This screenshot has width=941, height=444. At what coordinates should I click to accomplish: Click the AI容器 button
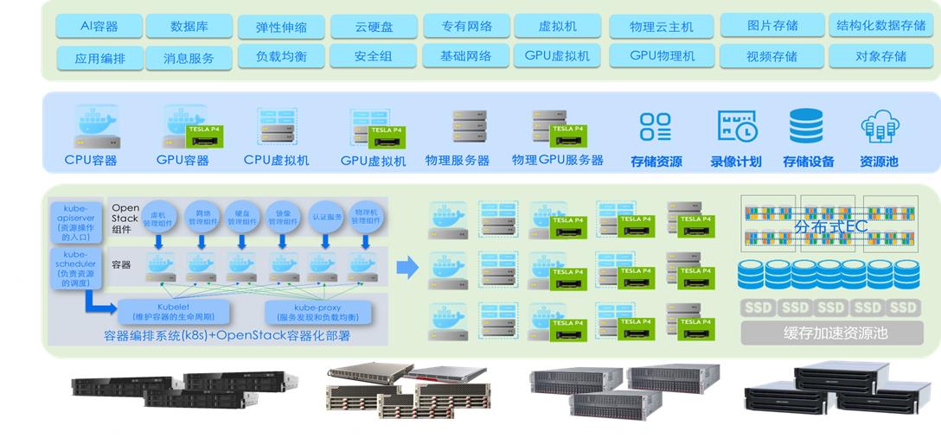point(99,26)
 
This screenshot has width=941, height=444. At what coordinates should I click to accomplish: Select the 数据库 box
point(189,26)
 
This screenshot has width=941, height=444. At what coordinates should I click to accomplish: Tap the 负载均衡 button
point(281,57)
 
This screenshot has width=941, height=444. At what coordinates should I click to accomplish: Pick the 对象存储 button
point(880,57)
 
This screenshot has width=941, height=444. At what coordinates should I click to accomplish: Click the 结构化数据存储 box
point(880,26)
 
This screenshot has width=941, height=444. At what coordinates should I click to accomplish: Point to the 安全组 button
point(373,57)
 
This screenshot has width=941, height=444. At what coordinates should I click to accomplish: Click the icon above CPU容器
point(97,127)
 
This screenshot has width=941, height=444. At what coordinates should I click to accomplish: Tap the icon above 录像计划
point(737,127)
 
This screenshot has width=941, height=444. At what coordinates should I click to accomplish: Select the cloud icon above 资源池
point(880,127)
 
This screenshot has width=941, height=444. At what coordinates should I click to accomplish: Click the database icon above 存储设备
point(806,126)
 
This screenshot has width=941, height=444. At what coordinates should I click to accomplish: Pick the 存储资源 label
point(656,162)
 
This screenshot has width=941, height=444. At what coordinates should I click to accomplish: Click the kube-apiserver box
point(76,222)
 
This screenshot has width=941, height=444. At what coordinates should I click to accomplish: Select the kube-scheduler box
point(76,269)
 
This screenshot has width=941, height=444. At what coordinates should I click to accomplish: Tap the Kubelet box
point(173,312)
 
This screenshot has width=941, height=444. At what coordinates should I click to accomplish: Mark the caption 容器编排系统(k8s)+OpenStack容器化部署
point(227,336)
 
